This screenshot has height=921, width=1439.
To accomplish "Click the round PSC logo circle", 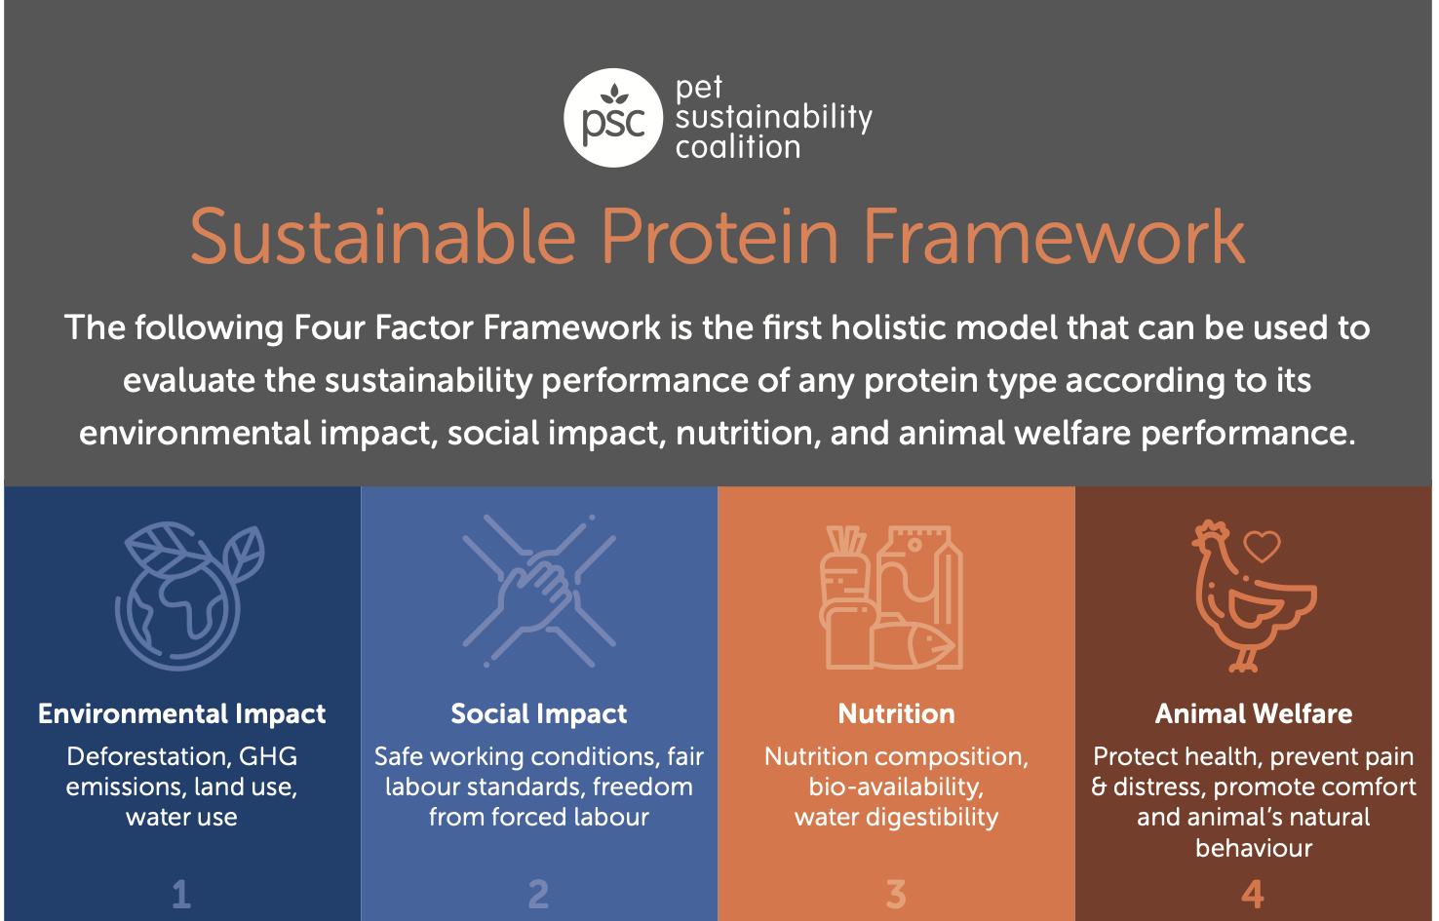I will (x=613, y=118).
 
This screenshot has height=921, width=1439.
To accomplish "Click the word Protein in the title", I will (x=719, y=237).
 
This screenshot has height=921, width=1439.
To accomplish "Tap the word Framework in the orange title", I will (x=1054, y=237).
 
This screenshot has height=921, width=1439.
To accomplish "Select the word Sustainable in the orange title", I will (x=383, y=237).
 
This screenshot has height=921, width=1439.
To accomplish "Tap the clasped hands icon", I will (x=539, y=592).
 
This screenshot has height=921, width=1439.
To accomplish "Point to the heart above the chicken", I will (x=1262, y=546).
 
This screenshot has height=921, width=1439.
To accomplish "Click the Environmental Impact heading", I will (x=181, y=714).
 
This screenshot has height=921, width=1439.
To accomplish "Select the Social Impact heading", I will (x=539, y=714).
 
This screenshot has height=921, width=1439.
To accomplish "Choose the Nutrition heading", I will (x=896, y=714).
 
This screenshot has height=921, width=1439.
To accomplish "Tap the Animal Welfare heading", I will (x=1254, y=714).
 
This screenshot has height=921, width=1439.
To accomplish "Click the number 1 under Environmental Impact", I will (x=181, y=894).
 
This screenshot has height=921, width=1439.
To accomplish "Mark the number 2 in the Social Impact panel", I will (x=539, y=894).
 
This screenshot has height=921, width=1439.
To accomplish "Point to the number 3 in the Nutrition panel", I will (x=896, y=894).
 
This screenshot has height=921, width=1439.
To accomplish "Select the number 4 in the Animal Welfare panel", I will (x=1253, y=894).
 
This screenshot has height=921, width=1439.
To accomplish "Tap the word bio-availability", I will (x=895, y=787).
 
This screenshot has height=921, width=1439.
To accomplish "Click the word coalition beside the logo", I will (x=738, y=148).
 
